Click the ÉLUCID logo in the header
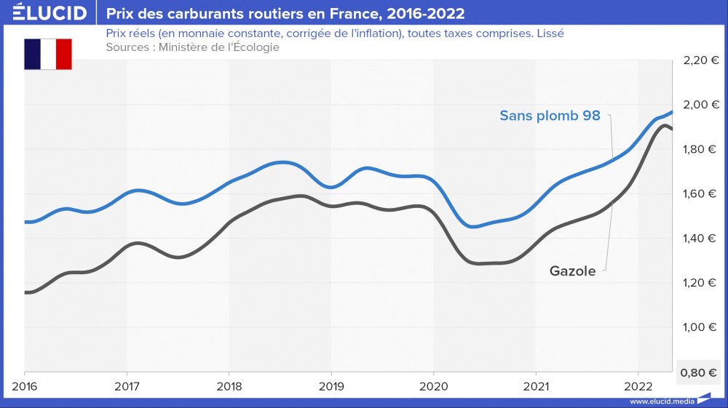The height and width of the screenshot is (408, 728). point(44,13)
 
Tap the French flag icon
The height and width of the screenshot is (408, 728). point(48,55)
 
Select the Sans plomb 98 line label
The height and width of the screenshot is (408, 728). point(550,116)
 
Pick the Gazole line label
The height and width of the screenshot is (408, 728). point(572,271)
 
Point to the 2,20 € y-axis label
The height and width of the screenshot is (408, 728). point(700,60)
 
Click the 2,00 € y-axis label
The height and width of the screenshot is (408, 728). point(700,105)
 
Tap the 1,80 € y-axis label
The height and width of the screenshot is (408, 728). point(700,149)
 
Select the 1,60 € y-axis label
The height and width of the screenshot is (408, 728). point(700,193)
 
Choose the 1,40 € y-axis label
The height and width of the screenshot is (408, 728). point(700,239)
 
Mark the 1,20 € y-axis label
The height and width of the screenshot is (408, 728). point(700,283)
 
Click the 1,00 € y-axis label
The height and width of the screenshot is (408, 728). point(700,327)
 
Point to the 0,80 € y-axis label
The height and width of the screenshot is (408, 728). point(700,372)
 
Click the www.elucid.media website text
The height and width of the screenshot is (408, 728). point(661,401)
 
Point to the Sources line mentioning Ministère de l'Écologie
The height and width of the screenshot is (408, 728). point(192,47)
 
